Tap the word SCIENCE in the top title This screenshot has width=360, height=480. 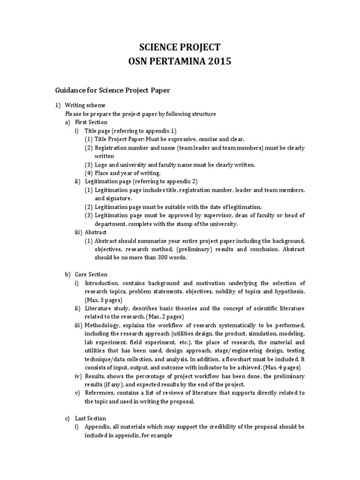pyautogui.click(x=157, y=47)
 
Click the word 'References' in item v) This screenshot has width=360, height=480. pyautogui.click(x=99, y=393)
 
